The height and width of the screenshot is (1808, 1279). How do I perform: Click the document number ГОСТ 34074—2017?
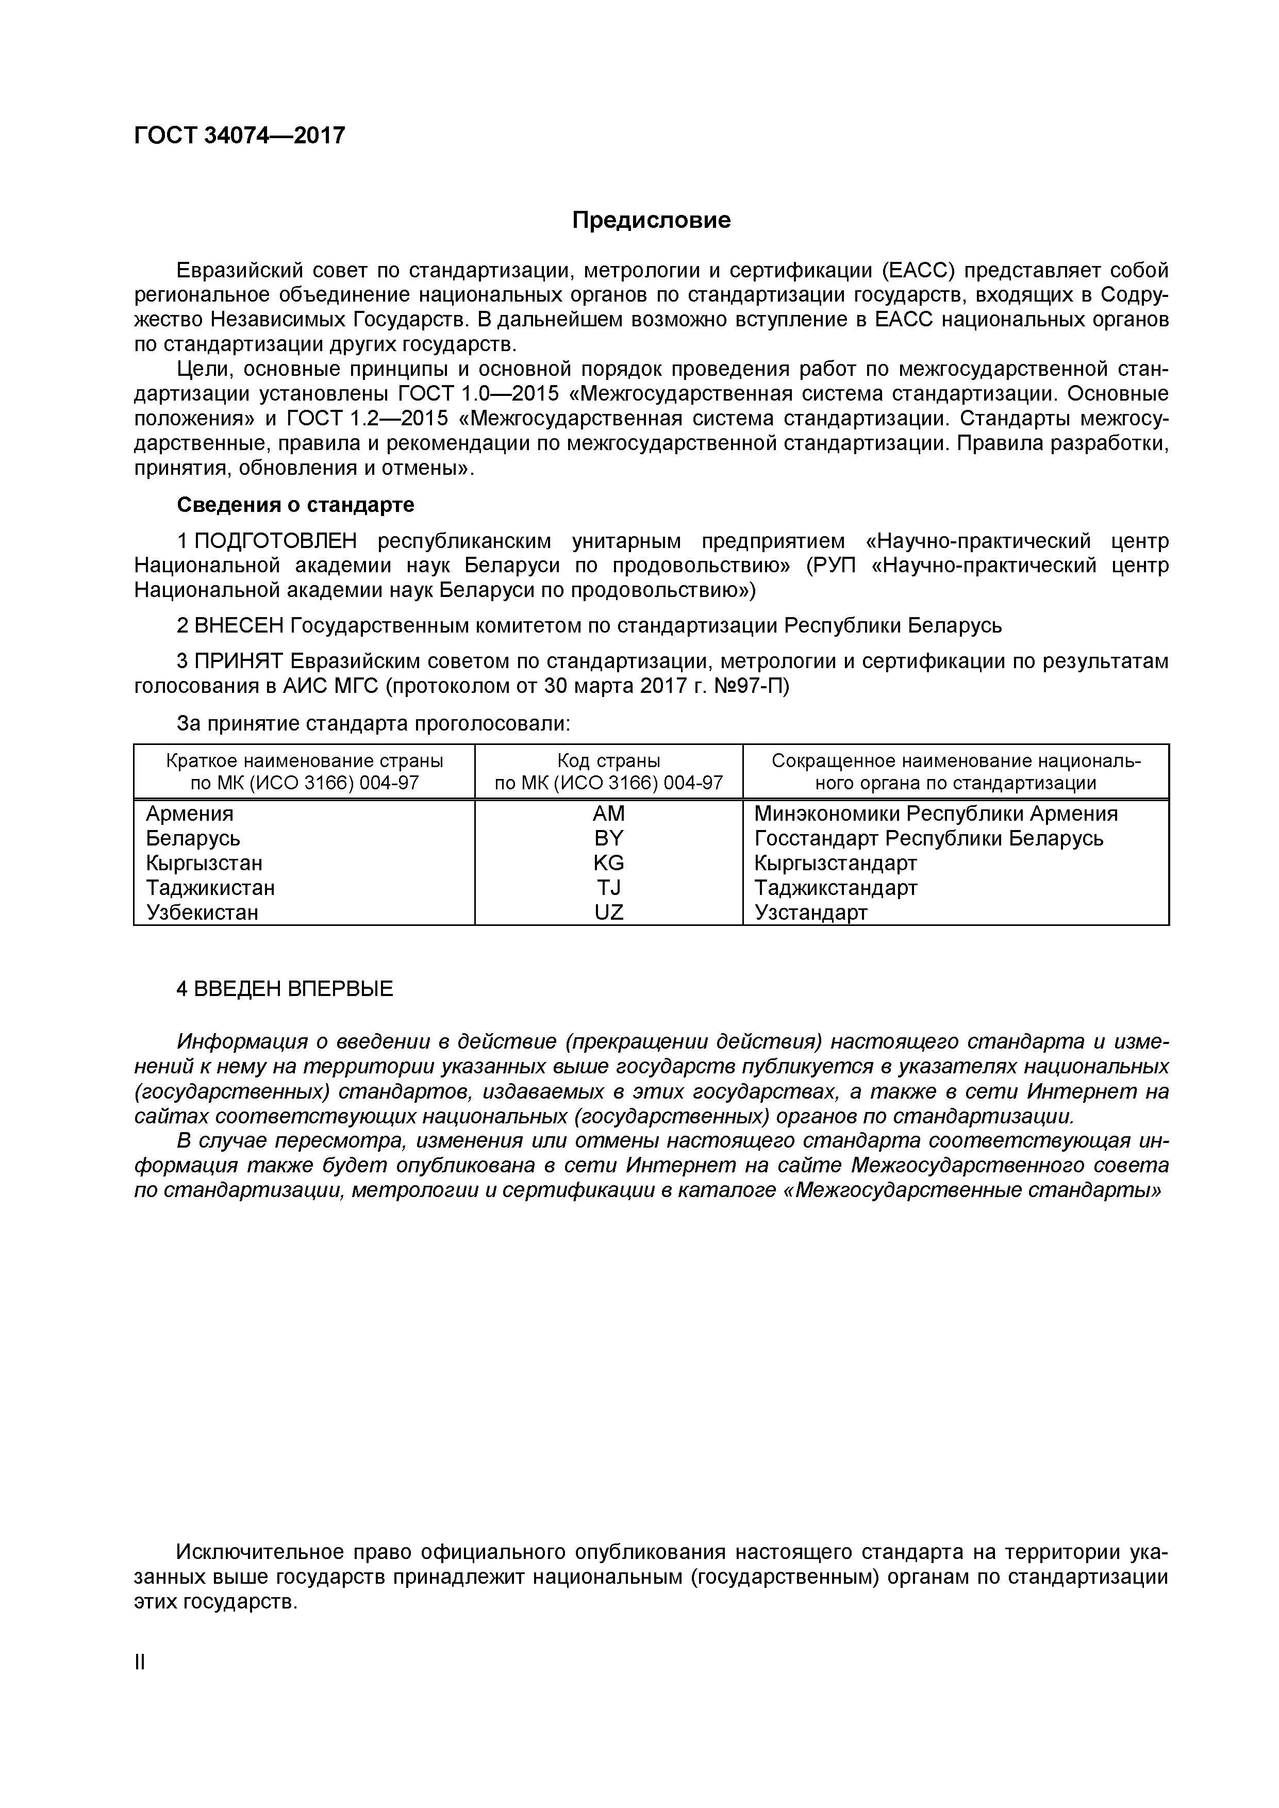pos(239,136)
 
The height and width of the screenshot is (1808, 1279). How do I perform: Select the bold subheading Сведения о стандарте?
pos(295,504)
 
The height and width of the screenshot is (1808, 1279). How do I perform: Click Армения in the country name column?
pos(190,814)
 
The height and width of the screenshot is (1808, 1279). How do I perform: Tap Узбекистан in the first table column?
pos(203,913)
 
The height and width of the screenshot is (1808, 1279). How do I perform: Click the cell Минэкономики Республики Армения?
pos(936,814)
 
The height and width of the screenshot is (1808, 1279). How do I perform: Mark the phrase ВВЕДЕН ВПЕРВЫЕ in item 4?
pos(293,989)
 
